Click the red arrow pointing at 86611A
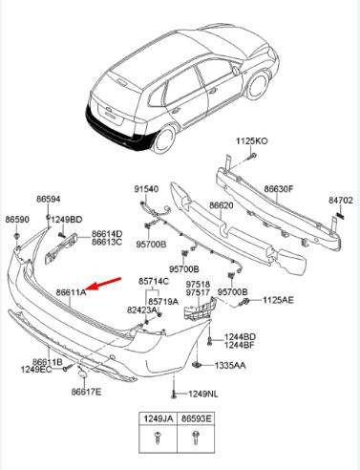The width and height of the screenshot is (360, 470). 103,284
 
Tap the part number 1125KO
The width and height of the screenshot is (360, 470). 251,141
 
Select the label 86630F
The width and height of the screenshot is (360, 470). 279,189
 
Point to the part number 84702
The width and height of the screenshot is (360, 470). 341,201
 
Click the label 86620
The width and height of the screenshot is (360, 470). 221,205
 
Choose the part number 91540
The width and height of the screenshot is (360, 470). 146,189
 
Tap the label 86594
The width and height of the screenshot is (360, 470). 49,199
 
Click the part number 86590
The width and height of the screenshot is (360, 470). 17,220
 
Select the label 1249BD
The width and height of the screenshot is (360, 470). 67,220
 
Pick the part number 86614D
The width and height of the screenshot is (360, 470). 107,234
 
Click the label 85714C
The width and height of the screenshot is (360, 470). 154,282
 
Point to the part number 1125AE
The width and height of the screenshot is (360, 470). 278,300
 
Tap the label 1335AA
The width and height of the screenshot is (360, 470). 230,365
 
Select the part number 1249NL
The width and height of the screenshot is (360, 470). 203,395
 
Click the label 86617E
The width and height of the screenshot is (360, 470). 86,392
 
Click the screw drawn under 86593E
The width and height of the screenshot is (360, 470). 196,438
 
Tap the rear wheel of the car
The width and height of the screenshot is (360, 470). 165,139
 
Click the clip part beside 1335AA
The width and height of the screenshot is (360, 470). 197,365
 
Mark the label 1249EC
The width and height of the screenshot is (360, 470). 36,370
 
